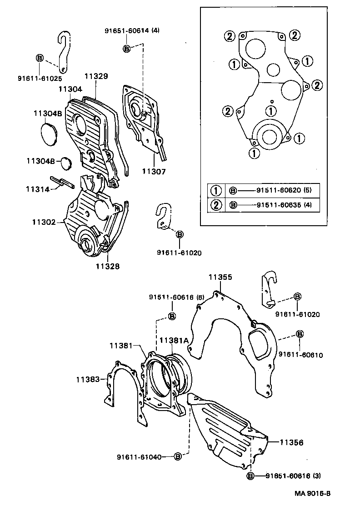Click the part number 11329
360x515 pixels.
(96, 76)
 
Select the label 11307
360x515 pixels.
(154, 172)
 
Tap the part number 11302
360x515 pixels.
(44, 222)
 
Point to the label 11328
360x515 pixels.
(108, 267)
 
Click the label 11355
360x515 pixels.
(220, 277)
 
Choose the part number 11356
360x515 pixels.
(291, 442)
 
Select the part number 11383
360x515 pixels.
(88, 378)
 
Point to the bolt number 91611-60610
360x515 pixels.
(300, 355)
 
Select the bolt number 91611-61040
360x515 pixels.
(139, 456)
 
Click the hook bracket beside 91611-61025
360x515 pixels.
(65, 51)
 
